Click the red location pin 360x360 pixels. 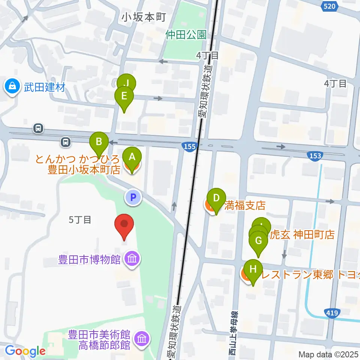[124, 225]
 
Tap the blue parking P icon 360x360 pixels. [133, 197]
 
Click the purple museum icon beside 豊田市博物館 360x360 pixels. [132, 259]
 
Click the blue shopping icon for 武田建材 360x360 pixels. [13, 87]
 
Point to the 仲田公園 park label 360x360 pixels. [186, 35]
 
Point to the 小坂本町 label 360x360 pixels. [144, 17]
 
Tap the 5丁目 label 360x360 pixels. [80, 220]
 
